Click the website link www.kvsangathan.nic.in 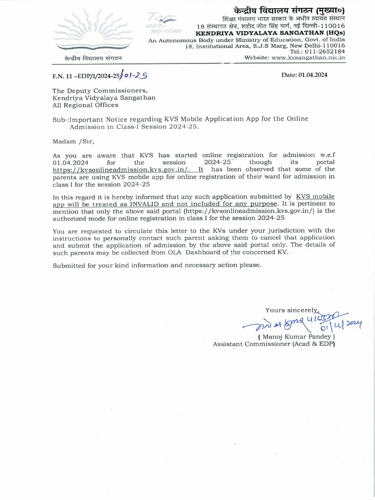click(x=308, y=57)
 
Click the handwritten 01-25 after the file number click(x=134, y=76)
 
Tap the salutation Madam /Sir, click(x=72, y=141)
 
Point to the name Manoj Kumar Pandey click(x=296, y=336)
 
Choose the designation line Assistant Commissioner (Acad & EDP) click(x=273, y=344)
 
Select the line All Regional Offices click(x=85, y=105)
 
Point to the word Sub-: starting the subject click(x=60, y=119)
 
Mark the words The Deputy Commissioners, click(x=100, y=90)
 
